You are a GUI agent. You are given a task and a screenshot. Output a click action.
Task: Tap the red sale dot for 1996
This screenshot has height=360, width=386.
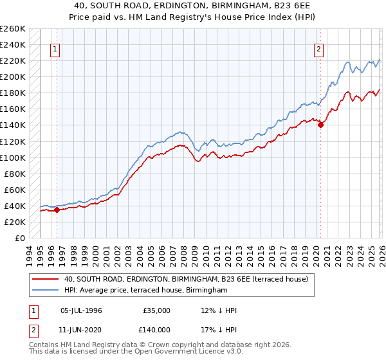[57, 209]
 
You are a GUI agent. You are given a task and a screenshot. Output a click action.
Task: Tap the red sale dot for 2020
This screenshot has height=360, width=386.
[320, 125]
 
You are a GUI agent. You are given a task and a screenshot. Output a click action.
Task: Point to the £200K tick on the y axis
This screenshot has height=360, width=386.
[13, 76]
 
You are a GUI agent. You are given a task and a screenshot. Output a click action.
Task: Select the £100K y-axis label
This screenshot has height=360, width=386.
[13, 157]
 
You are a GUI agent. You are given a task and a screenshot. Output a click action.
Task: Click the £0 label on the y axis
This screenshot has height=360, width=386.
[19, 238]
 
